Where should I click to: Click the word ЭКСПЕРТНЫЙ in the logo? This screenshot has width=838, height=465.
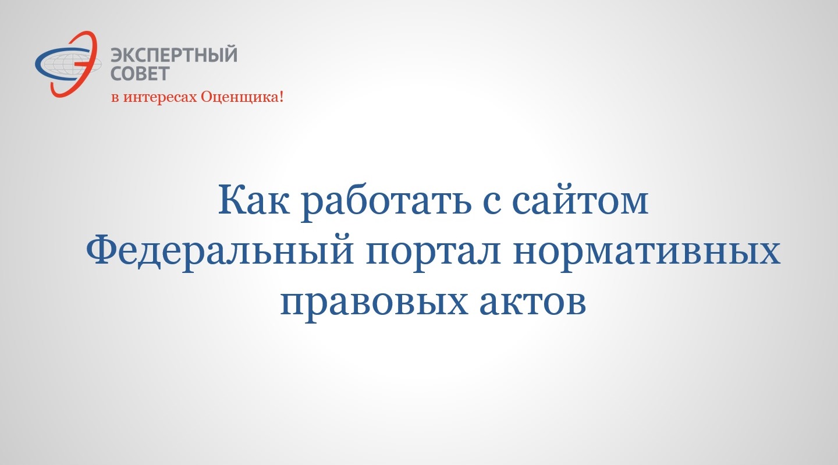pyautogui.click(x=174, y=55)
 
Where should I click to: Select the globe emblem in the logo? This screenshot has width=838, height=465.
pyautogui.click(x=68, y=64)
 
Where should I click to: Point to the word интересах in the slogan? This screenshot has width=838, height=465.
pyautogui.click(x=161, y=98)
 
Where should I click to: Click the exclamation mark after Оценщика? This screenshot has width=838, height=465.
pyautogui.click(x=281, y=97)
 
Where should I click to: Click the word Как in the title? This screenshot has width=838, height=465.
pyautogui.click(x=254, y=200)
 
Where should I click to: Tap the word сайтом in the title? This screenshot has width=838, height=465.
pyautogui.click(x=580, y=200)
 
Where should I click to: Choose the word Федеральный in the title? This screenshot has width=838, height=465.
pyautogui.click(x=220, y=250)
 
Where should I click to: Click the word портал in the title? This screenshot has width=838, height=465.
pyautogui.click(x=434, y=253)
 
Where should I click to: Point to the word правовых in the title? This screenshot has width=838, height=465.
pyautogui.click(x=374, y=304)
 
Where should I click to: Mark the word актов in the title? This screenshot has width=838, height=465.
pyautogui.click(x=532, y=301)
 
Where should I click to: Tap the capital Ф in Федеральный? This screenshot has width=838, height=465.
pyautogui.click(x=102, y=249)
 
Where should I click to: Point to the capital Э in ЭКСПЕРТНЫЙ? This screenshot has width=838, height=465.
pyautogui.click(x=118, y=55)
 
